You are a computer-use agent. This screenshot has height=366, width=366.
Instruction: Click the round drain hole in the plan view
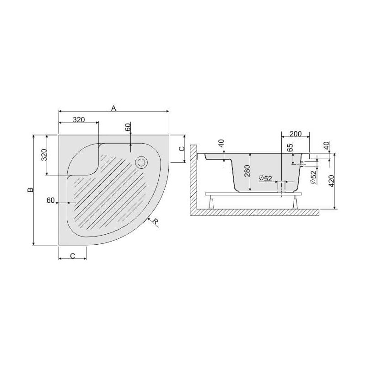141,161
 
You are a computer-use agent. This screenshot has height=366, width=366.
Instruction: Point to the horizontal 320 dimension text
79,120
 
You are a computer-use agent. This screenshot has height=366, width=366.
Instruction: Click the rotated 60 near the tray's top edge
128,128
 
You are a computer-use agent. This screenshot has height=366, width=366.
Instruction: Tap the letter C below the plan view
73,256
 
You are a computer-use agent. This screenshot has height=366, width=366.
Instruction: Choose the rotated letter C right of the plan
181,149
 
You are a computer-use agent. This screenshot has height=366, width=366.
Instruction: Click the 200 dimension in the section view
296,134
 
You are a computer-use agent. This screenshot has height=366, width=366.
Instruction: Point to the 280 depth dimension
246,172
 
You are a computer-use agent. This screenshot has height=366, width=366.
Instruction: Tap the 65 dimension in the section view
290,149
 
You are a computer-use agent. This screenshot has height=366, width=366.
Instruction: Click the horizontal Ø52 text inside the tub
265,178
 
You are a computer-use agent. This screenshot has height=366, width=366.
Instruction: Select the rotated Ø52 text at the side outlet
313,177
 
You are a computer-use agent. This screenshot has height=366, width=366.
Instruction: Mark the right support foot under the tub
294,202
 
